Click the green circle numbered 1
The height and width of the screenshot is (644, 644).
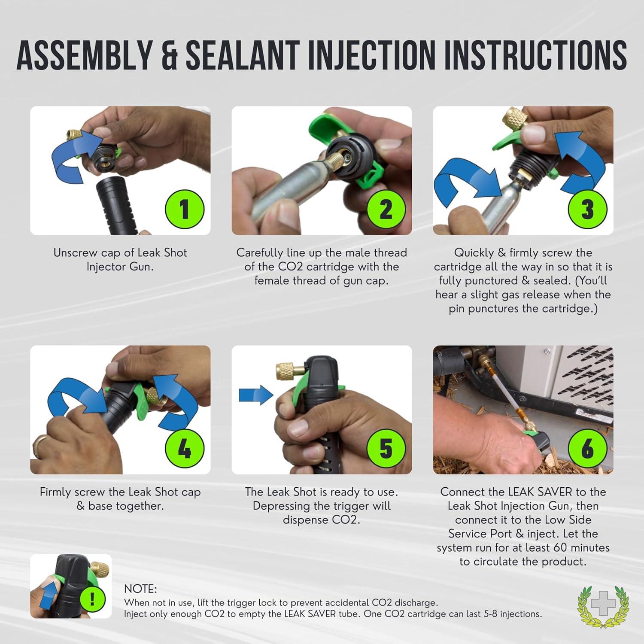[185, 209]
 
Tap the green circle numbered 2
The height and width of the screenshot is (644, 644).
[386, 209]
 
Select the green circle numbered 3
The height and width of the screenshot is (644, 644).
[587, 209]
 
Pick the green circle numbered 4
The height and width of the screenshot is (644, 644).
[185, 448]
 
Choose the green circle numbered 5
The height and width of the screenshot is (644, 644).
[386, 448]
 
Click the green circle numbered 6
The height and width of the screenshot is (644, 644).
[587, 448]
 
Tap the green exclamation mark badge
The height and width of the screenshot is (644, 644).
[92, 599]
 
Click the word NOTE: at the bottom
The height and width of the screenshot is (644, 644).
[140, 589]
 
